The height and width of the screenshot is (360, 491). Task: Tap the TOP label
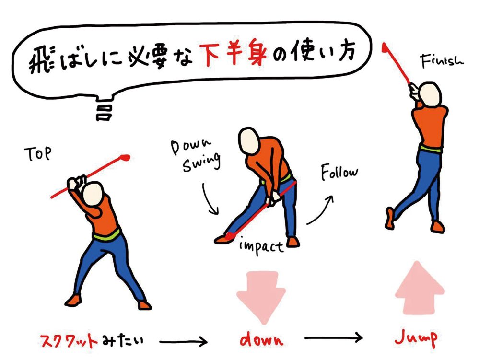pos(37,153)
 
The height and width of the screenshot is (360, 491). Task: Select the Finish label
pos(442,60)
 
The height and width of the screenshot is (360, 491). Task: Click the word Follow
pos(339,173)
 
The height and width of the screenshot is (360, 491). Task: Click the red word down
pos(261,340)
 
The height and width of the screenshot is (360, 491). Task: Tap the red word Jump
pos(417,338)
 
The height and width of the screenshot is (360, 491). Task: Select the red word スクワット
pos(69,341)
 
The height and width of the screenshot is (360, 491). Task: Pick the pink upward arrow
pos(420,288)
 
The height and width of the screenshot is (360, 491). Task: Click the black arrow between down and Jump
pos(334,338)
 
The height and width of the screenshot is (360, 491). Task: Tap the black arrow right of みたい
pos(184,341)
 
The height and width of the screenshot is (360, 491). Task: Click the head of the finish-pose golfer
pos(430,94)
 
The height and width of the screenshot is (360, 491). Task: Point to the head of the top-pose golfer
pos(94,194)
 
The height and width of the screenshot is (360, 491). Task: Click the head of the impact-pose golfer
pos(249,140)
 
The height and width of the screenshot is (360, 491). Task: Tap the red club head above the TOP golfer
pos(125,157)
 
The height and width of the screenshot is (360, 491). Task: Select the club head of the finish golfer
pos(385,47)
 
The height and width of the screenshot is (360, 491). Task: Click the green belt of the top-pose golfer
pos(107,235)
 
